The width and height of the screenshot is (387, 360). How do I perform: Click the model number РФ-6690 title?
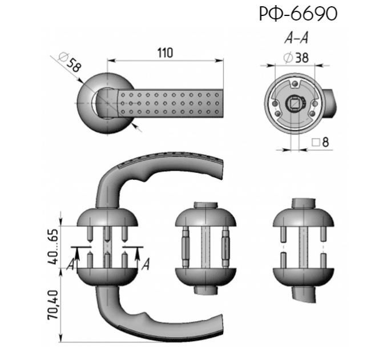pyautogui.click(x=298, y=14)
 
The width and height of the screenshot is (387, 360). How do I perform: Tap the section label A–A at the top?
pyautogui.click(x=296, y=38)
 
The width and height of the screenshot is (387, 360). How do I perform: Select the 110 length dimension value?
pyautogui.click(x=165, y=53)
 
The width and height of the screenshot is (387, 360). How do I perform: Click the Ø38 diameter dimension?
pyautogui.click(x=296, y=58)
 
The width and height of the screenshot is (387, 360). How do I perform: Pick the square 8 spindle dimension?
pyautogui.click(x=320, y=142)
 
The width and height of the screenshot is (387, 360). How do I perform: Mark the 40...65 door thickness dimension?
pyautogui.click(x=53, y=246)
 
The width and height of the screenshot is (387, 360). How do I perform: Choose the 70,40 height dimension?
pyautogui.click(x=53, y=305)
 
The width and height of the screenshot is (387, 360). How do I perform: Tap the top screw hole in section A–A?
pyautogui.click(x=295, y=84)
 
